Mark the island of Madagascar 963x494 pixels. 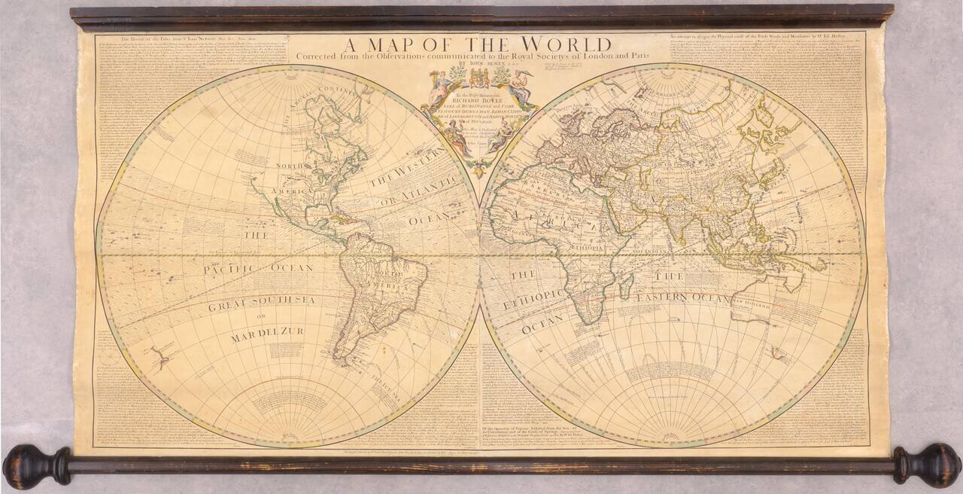[624, 285]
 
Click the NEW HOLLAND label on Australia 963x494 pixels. [753, 300]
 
